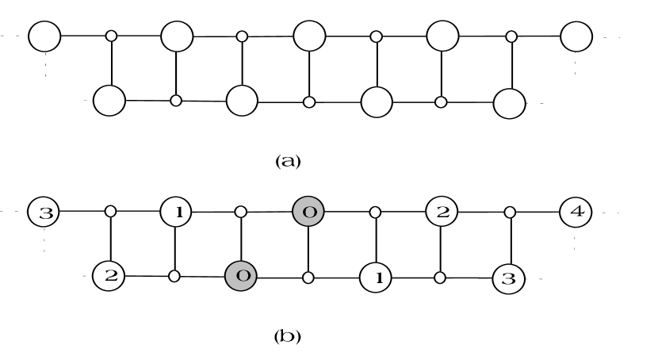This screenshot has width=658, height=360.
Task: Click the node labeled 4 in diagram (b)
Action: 576,213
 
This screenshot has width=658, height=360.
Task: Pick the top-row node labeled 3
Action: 44,213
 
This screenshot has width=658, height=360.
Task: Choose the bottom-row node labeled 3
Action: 509,278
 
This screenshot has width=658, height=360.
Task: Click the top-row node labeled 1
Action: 177,213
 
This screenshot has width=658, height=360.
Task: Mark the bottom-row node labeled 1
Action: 376,278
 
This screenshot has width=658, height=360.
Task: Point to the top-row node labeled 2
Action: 442,213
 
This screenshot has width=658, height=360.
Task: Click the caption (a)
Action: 287,161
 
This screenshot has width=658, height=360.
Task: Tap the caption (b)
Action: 287,336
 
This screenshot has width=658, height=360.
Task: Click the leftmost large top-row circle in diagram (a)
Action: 44,36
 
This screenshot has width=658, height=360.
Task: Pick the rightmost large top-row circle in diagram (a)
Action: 576,36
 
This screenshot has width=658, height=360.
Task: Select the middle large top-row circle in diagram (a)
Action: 309,36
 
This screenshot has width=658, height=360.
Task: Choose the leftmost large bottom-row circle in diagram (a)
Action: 109,101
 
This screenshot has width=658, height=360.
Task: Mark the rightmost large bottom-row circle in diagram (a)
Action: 509,101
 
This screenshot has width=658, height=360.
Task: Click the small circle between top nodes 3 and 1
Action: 111,213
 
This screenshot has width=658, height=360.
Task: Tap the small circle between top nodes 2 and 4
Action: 511,213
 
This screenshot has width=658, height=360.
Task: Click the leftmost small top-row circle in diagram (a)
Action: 112,36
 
